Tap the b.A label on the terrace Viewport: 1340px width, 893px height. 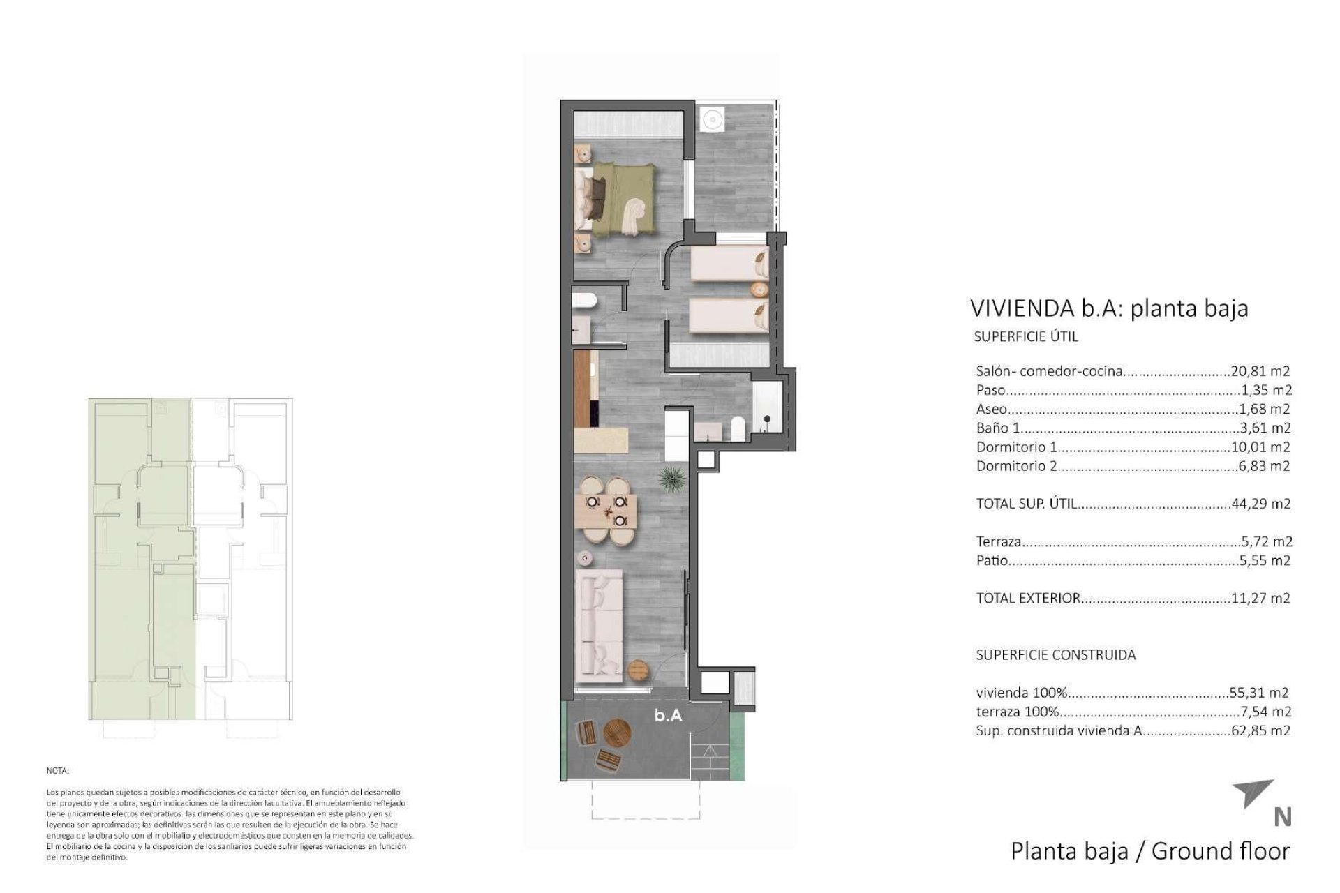pyautogui.click(x=667, y=715)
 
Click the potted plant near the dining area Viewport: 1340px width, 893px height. pyautogui.click(x=673, y=481)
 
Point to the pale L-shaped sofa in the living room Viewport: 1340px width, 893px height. pyautogui.click(x=599, y=624)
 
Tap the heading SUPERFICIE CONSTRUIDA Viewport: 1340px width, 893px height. pyautogui.click(x=1055, y=654)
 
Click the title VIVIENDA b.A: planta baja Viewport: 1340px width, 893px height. pyautogui.click(x=1109, y=308)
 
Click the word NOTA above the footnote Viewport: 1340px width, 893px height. pyautogui.click(x=58, y=771)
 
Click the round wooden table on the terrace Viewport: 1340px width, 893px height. pyautogui.click(x=617, y=733)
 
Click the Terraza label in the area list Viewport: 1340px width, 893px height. pyautogui.click(x=999, y=541)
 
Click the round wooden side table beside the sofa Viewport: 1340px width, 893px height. pyautogui.click(x=638, y=670)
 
